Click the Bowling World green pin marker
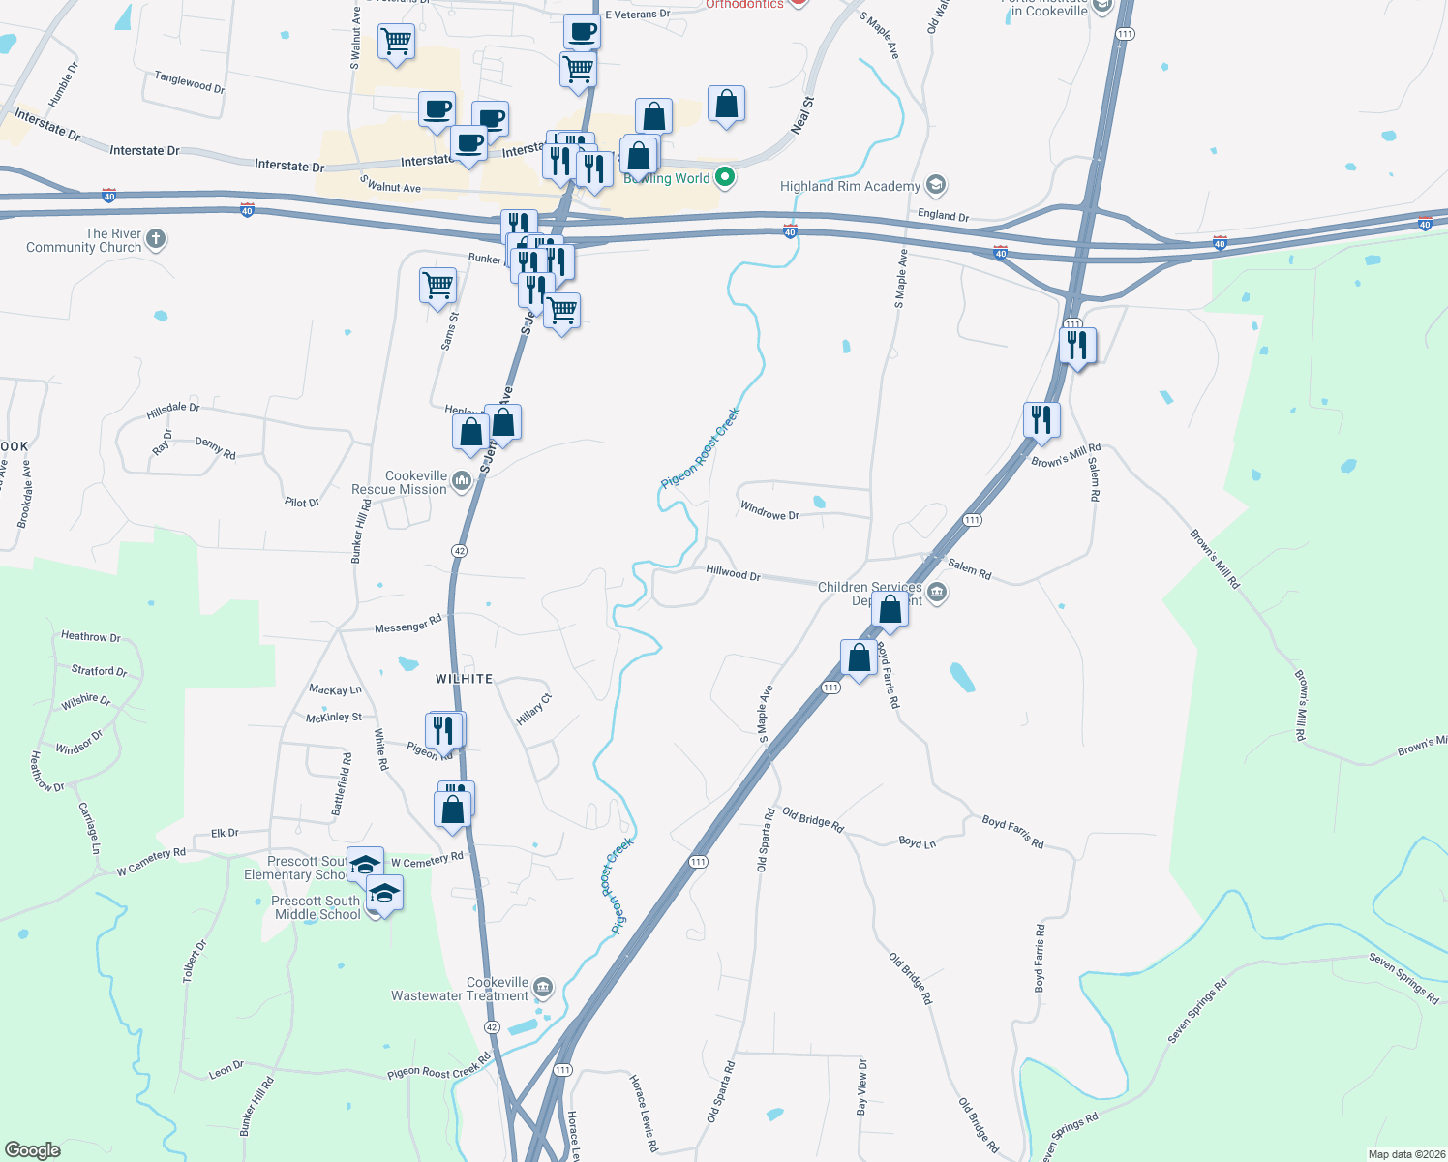725,177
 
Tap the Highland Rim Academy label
850,186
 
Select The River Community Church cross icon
156,239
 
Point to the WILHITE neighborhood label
464,679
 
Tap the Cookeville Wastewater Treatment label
460,989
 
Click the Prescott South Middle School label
317,907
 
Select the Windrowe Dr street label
769,510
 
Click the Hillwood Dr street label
733,572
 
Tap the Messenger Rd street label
407,625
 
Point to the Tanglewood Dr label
189,81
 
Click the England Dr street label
943,215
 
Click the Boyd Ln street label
917,842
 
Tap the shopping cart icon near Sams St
437,286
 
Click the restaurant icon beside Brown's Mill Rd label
1041,420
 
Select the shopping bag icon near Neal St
726,104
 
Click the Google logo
32,1149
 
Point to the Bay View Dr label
861,1086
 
